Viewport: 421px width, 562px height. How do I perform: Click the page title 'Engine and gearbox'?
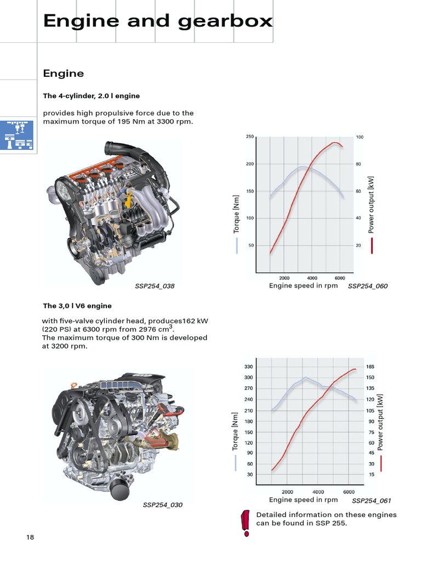(158, 21)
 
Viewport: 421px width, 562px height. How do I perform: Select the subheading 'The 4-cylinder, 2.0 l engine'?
(91, 95)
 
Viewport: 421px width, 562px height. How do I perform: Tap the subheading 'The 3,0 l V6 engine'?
(77, 306)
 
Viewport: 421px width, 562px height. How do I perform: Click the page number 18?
(30, 537)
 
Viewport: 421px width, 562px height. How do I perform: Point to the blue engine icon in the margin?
(16, 134)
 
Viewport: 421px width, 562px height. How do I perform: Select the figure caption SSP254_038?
(155, 286)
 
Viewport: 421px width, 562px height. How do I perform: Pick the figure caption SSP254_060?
(367, 286)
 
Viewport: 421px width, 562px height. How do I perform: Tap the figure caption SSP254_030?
(163, 505)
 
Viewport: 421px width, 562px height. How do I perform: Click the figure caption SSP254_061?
(371, 501)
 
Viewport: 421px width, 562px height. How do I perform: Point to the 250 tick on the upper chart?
(250, 137)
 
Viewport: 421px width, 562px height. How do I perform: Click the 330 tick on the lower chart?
(249, 367)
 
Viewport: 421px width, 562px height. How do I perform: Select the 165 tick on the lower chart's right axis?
(370, 367)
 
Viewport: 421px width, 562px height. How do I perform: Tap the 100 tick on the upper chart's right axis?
(360, 137)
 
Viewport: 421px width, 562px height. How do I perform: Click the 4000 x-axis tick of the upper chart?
(312, 278)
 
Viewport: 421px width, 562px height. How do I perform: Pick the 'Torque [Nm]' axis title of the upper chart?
(237, 214)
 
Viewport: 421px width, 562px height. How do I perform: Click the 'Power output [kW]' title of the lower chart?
(380, 423)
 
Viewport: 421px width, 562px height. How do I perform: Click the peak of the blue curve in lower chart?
(305, 378)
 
